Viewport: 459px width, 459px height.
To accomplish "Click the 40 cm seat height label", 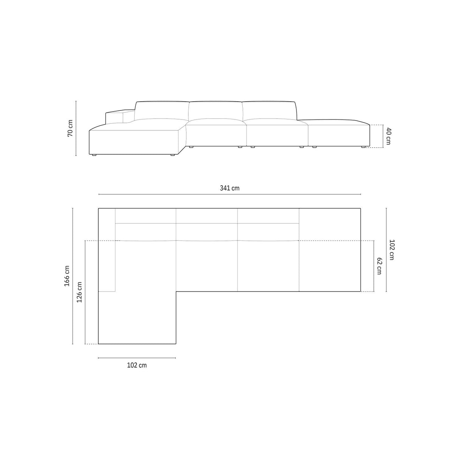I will point(388,136).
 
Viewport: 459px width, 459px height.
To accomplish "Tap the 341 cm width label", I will point(229,188).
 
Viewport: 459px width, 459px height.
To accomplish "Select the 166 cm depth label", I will point(67,276).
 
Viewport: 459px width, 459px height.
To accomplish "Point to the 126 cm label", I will point(79,292).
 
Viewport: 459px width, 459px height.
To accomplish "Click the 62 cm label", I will point(379,266).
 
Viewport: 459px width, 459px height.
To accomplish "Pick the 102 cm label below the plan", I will point(137,365).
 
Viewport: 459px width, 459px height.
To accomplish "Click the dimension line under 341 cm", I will point(229,194).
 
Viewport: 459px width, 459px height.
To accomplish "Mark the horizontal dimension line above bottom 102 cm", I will point(137,358).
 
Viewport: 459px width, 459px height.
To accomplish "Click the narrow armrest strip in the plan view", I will point(107,250).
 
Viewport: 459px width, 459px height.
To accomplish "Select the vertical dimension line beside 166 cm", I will point(73,276).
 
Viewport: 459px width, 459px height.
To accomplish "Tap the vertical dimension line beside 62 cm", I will point(374,266).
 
